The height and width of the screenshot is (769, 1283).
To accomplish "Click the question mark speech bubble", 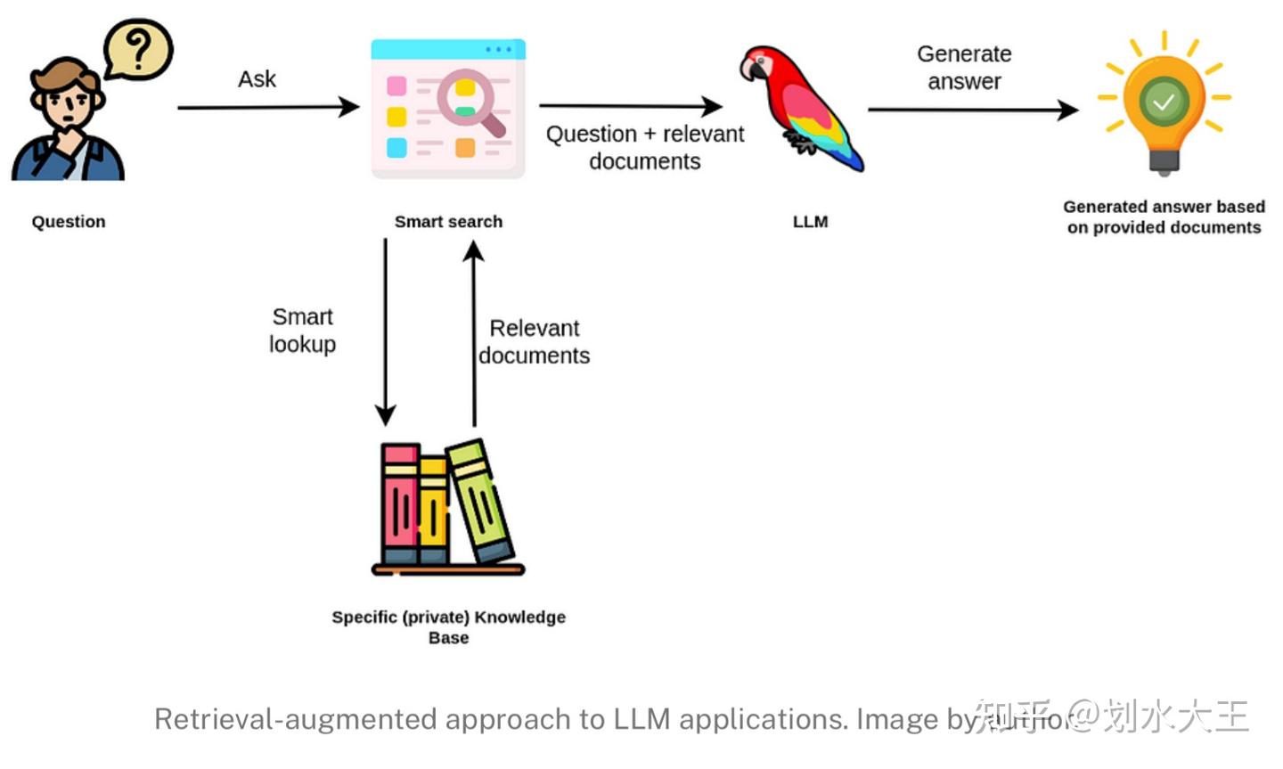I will (138, 49).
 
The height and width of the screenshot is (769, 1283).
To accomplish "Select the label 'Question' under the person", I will (69, 222).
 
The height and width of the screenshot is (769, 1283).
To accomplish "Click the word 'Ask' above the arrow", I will (257, 79).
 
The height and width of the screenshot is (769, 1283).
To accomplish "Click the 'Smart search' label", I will (448, 222).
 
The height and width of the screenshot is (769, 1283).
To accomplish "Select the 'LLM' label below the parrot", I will (810, 222).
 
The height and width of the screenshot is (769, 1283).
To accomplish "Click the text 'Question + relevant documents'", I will (644, 147).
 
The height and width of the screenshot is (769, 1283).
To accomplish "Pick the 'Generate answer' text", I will (964, 68).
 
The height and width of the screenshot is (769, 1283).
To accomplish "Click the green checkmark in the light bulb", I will (1164, 102).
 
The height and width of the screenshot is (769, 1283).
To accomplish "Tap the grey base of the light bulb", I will (1164, 161).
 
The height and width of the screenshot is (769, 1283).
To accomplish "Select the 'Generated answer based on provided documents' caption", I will (1164, 217).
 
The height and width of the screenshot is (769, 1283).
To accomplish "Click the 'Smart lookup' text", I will (303, 331).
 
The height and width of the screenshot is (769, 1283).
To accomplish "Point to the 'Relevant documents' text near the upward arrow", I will (534, 342).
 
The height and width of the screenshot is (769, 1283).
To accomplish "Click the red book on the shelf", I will (400, 503).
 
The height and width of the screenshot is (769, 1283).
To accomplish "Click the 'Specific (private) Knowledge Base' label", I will (448, 626).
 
